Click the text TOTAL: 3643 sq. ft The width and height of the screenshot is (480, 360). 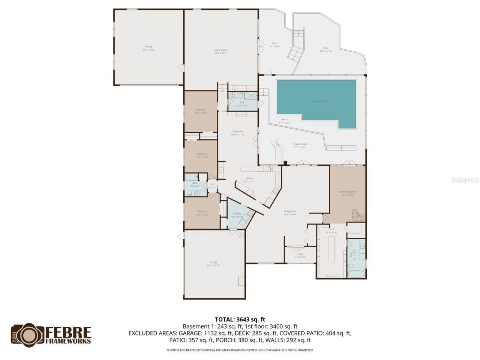[x=240, y=320]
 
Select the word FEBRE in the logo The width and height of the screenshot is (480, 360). [x=68, y=332]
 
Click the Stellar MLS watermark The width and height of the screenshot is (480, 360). [x=465, y=180]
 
